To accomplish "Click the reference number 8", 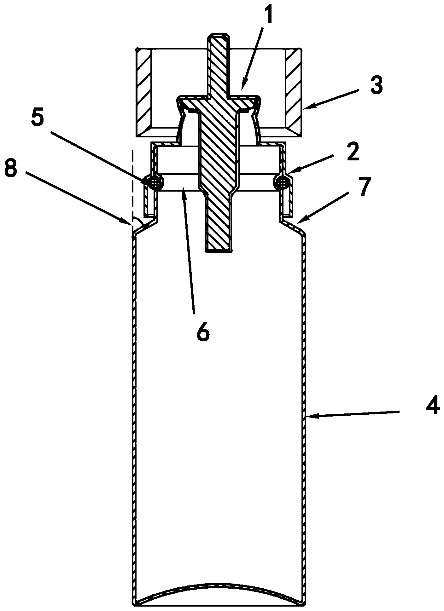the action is coord(12,170).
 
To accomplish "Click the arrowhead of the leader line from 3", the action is coord(307,107).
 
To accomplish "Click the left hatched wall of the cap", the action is coord(144,93).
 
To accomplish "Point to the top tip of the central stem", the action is coord(218,34).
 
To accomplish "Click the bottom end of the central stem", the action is coord(218,251).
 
